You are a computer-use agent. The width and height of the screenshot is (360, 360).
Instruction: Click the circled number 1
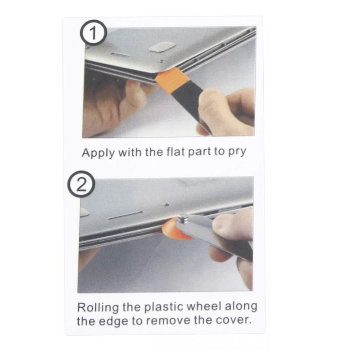point(93,32)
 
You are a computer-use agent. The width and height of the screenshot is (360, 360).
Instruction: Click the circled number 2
point(81,184)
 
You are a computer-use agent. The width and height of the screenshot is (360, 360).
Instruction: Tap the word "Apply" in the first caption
point(98,153)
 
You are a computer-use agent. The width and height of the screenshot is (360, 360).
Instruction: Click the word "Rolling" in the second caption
point(98,308)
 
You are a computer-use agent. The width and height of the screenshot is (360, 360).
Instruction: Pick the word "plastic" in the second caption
point(164,307)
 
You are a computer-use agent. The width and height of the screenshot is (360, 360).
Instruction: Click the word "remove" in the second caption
point(168,320)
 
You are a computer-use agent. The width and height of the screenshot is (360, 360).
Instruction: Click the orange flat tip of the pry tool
point(172,80)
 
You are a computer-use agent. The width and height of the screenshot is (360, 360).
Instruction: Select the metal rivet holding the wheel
point(183,218)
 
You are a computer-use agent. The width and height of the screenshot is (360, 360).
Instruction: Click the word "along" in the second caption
point(241,306)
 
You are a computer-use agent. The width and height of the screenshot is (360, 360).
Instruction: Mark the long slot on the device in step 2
point(125,215)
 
